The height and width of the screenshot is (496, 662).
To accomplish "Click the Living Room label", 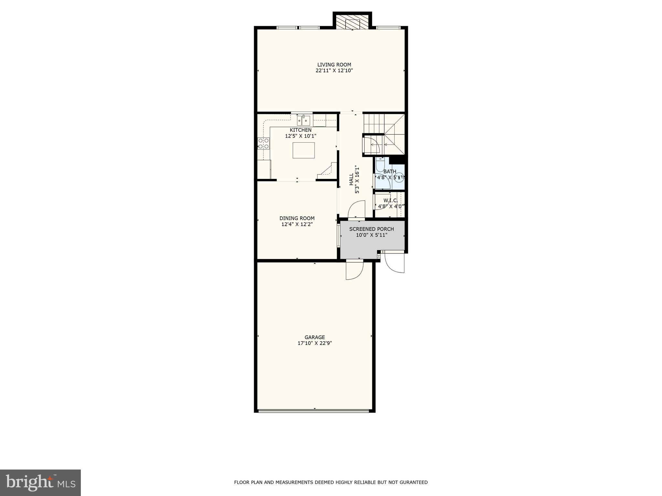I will click(x=334, y=65).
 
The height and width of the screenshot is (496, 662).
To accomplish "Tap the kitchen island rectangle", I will click(x=304, y=150).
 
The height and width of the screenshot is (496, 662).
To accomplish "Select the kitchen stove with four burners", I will click(x=263, y=143).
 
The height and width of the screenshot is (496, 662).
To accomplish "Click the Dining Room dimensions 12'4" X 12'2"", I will click(x=297, y=224).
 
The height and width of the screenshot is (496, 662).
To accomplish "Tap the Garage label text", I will click(x=315, y=337).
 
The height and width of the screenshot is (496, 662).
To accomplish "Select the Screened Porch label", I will click(x=371, y=229).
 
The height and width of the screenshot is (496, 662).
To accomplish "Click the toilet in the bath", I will click(x=380, y=163).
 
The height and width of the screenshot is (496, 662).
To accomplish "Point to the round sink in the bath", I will click(x=400, y=177).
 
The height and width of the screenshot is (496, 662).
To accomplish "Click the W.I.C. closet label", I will click(x=390, y=201).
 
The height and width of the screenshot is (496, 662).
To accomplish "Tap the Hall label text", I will click(x=351, y=179).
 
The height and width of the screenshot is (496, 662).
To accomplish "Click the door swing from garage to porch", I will click(x=355, y=270).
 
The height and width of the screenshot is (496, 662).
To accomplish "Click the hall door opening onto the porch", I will click(x=356, y=210).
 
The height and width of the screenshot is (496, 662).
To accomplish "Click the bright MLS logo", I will click(x=40, y=482).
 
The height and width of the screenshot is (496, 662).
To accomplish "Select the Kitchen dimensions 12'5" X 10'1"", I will click(x=300, y=136).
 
